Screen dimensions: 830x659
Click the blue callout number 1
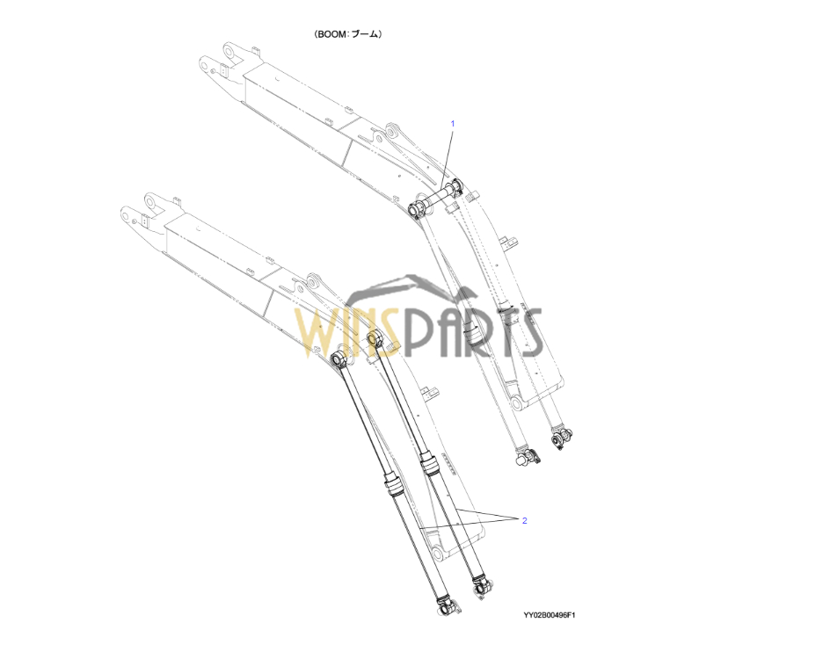(x=453, y=124)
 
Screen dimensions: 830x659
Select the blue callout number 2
(x=525, y=521)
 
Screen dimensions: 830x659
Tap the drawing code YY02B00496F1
(x=549, y=615)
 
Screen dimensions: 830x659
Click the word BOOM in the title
(x=332, y=34)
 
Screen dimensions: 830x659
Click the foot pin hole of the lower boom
(x=437, y=554)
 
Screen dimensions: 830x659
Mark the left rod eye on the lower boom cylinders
(x=339, y=359)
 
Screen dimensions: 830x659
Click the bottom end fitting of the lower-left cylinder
(x=447, y=605)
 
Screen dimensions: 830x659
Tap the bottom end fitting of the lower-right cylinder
(x=482, y=586)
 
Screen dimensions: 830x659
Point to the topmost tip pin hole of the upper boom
(x=229, y=52)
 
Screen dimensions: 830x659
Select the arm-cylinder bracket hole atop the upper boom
(x=392, y=131)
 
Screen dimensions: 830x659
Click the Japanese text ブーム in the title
(x=365, y=34)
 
